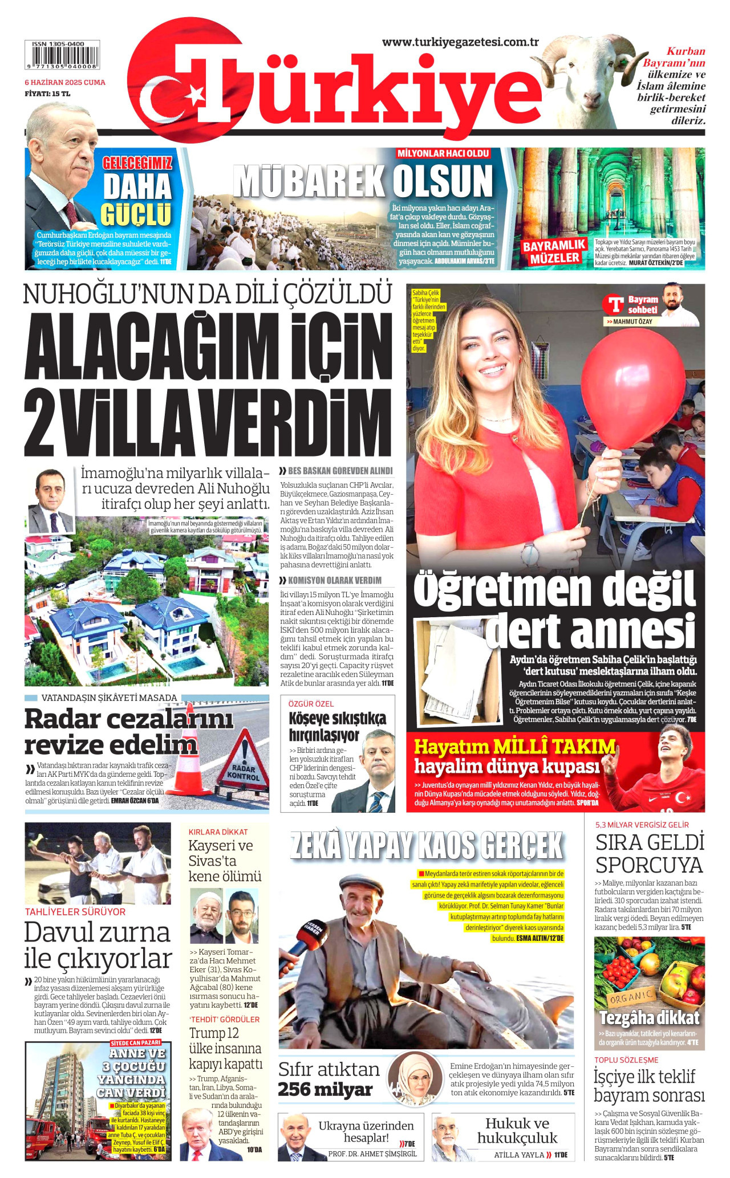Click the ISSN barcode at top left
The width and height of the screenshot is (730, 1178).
(x=62, y=55)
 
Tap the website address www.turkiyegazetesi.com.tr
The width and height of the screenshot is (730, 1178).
(x=460, y=42)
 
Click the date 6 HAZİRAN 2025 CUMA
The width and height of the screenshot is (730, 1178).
(x=64, y=82)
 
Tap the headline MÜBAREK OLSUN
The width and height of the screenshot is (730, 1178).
(x=363, y=181)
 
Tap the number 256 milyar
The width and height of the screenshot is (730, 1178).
(x=325, y=1089)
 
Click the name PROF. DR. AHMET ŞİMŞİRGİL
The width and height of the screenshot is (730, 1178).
(x=372, y=1153)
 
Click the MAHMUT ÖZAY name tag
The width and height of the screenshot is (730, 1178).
(x=632, y=321)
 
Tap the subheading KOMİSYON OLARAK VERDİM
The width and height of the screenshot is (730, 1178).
(x=334, y=580)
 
